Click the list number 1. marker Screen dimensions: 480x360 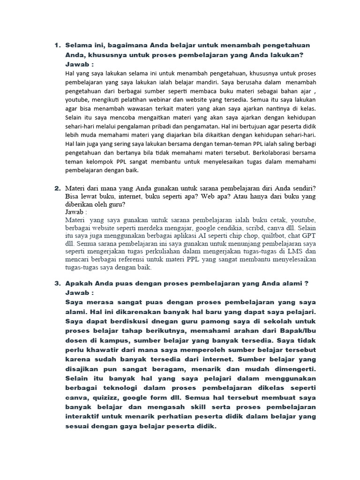click(x=58, y=45)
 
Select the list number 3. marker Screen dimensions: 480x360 click(x=58, y=284)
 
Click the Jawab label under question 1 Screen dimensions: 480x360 click(x=80, y=64)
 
